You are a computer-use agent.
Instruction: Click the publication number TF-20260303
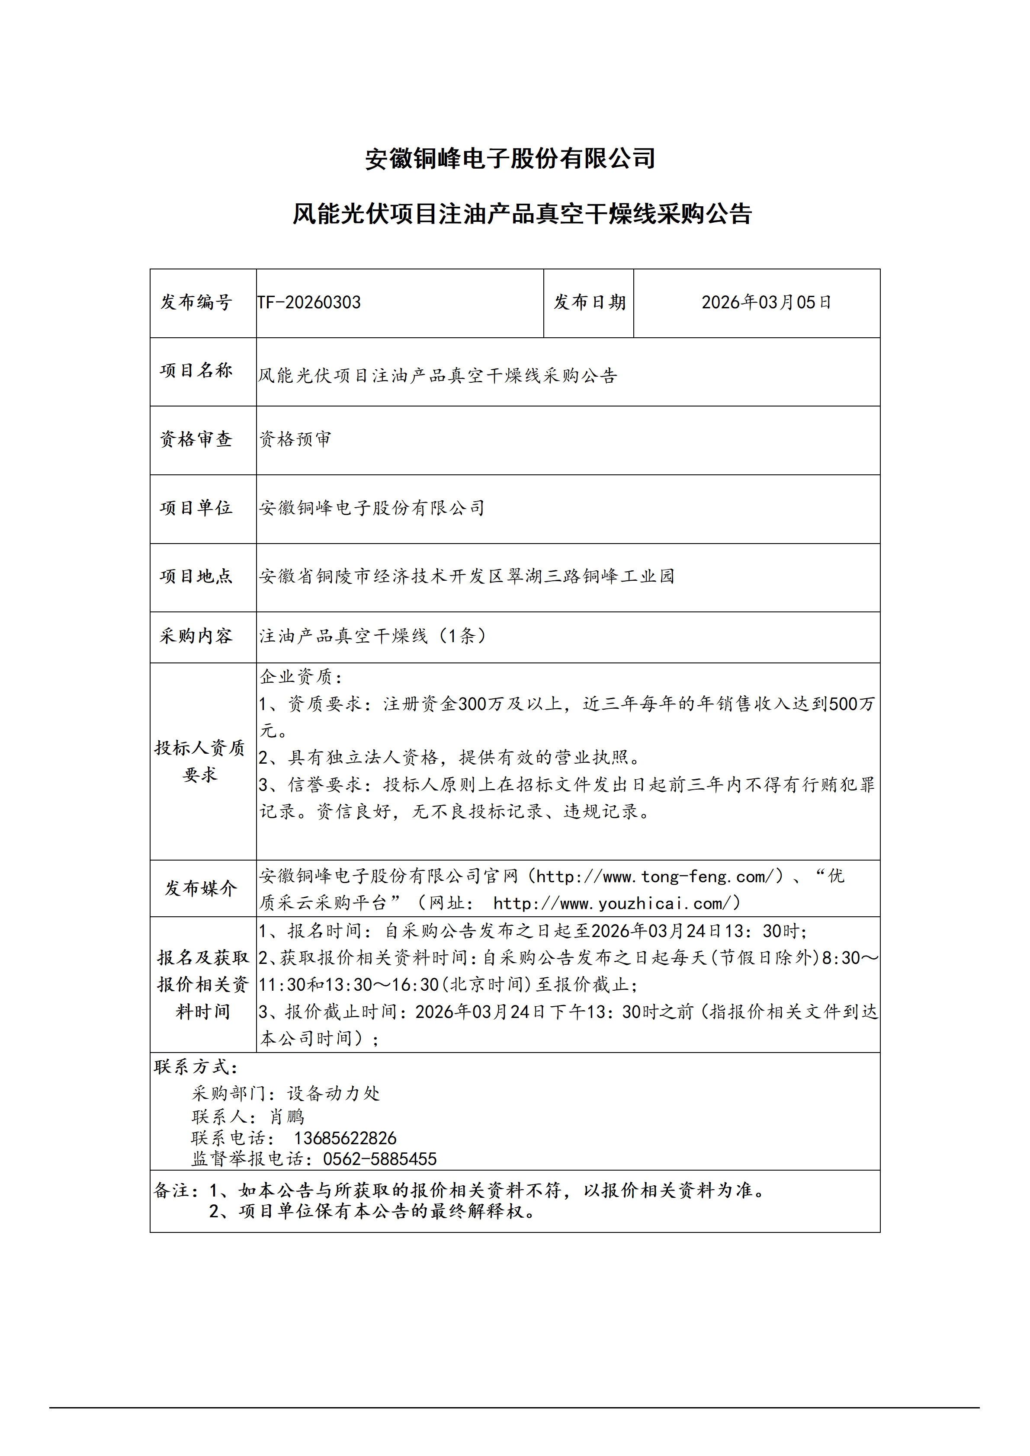coord(309,303)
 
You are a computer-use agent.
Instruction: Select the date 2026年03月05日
coord(766,303)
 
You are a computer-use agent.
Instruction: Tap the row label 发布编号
coord(197,303)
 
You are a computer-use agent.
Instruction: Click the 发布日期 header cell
coord(589,303)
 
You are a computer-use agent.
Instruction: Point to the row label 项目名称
coord(197,370)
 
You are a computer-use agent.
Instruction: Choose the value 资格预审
coord(295,439)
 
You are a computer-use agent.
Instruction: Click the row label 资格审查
coord(197,439)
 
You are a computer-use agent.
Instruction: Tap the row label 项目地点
coord(197,576)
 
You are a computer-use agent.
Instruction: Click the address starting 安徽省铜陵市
coord(467,576)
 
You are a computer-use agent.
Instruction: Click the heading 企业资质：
coord(301,677)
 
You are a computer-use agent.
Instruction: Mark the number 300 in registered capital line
coord(472,704)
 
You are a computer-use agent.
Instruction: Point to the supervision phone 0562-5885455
coord(379,1159)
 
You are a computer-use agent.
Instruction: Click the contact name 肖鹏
coord(287,1117)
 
